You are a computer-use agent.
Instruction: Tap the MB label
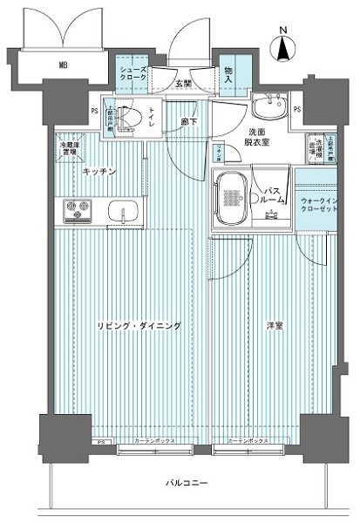tap(64, 65)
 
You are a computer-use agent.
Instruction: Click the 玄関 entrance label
tap(182, 84)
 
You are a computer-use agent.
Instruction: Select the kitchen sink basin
tap(119, 212)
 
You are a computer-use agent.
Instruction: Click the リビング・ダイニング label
tap(139, 325)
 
